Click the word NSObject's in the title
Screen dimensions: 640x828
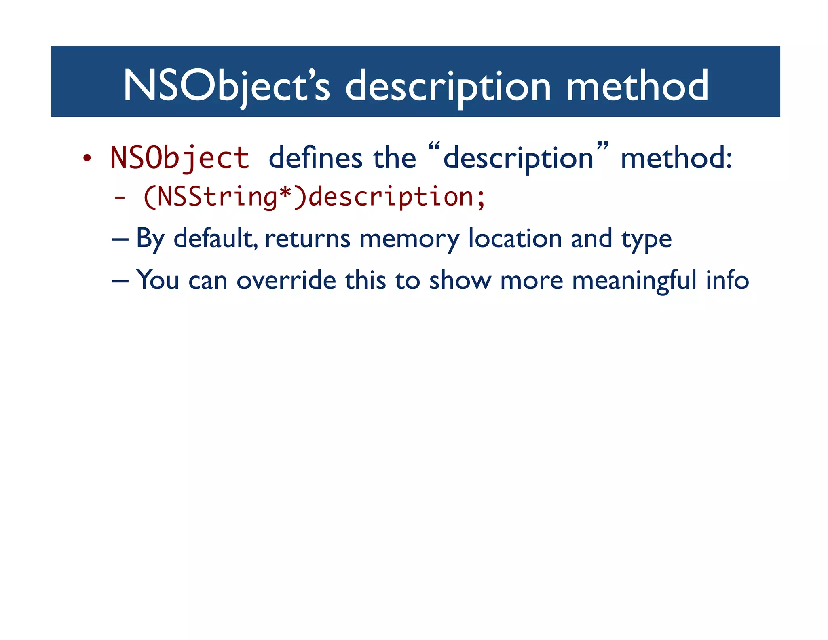(x=226, y=86)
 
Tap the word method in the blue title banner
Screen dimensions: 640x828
(x=637, y=86)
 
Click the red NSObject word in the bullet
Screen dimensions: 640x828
(x=180, y=158)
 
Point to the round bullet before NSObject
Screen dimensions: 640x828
(x=87, y=159)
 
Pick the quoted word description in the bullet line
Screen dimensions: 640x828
(x=518, y=159)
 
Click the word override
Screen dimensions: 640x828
(x=286, y=280)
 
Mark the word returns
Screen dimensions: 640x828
(x=307, y=239)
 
